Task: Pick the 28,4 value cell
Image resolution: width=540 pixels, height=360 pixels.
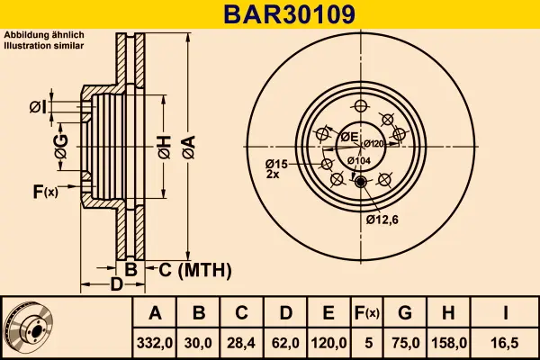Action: click(241, 342)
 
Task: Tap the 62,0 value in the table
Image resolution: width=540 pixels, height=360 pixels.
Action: click(284, 342)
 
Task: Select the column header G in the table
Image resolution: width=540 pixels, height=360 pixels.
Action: click(404, 313)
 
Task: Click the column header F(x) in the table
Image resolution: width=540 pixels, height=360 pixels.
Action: click(366, 313)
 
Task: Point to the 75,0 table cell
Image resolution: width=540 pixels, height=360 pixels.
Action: click(404, 342)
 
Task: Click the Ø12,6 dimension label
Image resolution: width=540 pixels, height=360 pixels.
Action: click(382, 217)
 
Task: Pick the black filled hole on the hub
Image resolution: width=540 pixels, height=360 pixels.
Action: click(362, 183)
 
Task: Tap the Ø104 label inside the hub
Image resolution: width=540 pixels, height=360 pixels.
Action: click(358, 160)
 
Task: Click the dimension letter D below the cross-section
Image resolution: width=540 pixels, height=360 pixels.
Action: click(116, 285)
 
